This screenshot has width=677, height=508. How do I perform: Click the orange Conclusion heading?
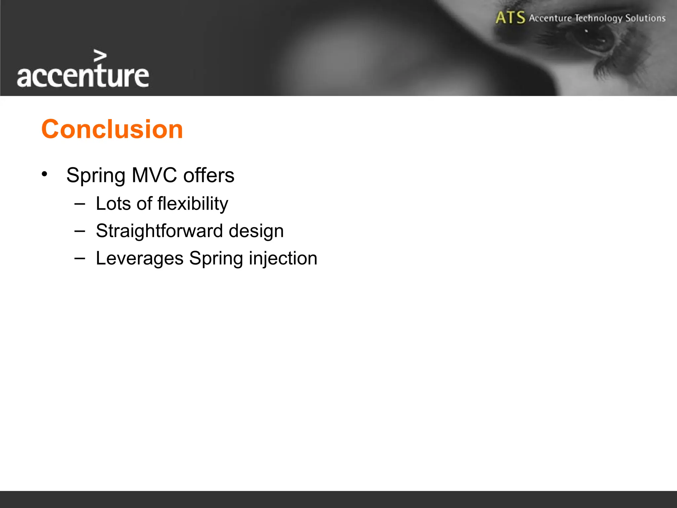click(112, 129)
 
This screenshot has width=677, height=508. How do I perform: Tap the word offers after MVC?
click(209, 175)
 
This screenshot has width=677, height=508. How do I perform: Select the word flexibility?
click(193, 203)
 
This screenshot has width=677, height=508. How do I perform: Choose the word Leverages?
click(139, 258)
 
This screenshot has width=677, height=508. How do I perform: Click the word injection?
click(283, 258)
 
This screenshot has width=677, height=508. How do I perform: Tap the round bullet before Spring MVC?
click(45, 174)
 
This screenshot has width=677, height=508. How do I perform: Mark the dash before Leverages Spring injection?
click(80, 258)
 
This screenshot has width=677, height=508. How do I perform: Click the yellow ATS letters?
click(510, 18)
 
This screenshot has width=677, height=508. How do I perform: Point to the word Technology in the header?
click(598, 18)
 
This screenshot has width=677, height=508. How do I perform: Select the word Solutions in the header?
click(645, 18)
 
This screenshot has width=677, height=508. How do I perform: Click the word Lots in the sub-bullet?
click(113, 203)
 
